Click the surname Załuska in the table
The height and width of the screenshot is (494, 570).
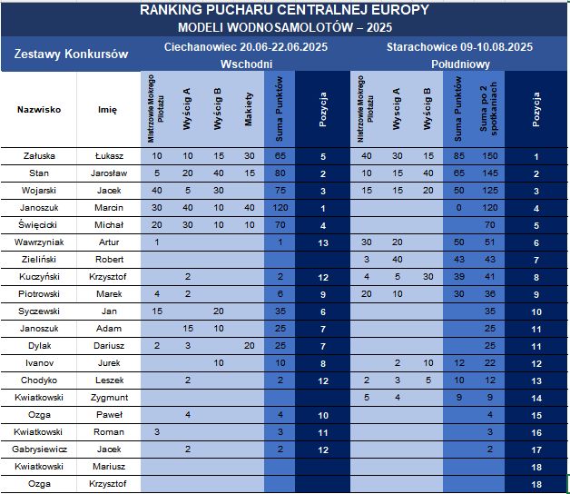[39, 156]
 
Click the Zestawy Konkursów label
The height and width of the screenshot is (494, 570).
[72, 54]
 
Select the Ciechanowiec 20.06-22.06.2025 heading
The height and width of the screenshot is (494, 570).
[246, 46]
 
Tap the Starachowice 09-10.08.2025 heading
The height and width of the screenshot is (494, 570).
[459, 46]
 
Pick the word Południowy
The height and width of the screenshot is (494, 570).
[459, 64]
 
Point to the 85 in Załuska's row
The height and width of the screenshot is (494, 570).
[459, 156]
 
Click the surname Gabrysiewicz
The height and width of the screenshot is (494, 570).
[39, 449]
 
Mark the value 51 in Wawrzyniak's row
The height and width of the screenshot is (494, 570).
[489, 242]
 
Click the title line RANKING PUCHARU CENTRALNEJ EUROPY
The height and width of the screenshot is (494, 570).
[285, 10]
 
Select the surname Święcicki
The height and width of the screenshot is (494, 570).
[39, 224]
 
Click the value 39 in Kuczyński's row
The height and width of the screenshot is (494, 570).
[459, 276]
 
